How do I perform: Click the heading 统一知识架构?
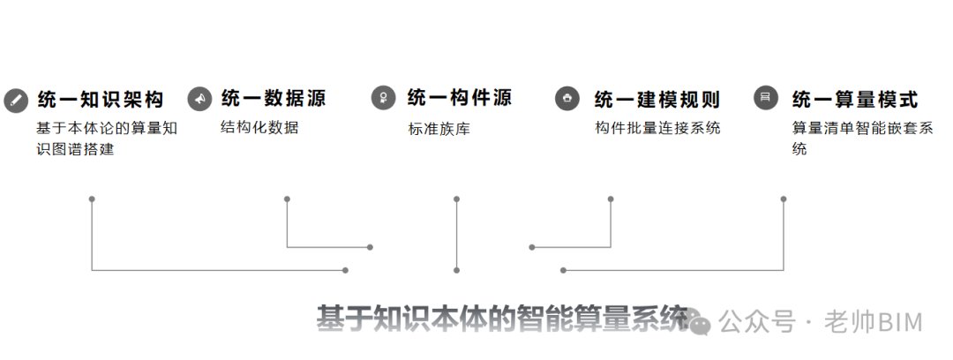click(x=101, y=99)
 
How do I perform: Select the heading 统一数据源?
click(x=274, y=98)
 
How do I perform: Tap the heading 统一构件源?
click(x=460, y=97)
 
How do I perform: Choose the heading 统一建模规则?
click(x=657, y=99)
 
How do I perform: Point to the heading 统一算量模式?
click(x=854, y=99)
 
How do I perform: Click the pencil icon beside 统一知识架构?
click(x=16, y=101)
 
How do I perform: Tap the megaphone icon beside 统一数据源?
click(x=199, y=99)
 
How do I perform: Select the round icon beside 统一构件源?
click(x=383, y=98)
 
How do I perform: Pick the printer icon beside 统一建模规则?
click(x=567, y=98)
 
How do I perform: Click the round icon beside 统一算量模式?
click(x=766, y=97)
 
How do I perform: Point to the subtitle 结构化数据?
click(x=259, y=127)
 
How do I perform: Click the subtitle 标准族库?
click(x=439, y=129)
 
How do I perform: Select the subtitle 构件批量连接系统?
click(x=657, y=128)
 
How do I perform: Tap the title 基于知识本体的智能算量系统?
click(x=502, y=318)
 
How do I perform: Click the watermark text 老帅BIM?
click(x=874, y=322)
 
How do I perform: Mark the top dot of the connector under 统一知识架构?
click(x=92, y=199)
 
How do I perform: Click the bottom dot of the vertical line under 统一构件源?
click(x=456, y=270)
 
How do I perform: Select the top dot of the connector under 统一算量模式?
click(x=784, y=199)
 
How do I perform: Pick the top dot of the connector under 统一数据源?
click(x=287, y=199)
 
